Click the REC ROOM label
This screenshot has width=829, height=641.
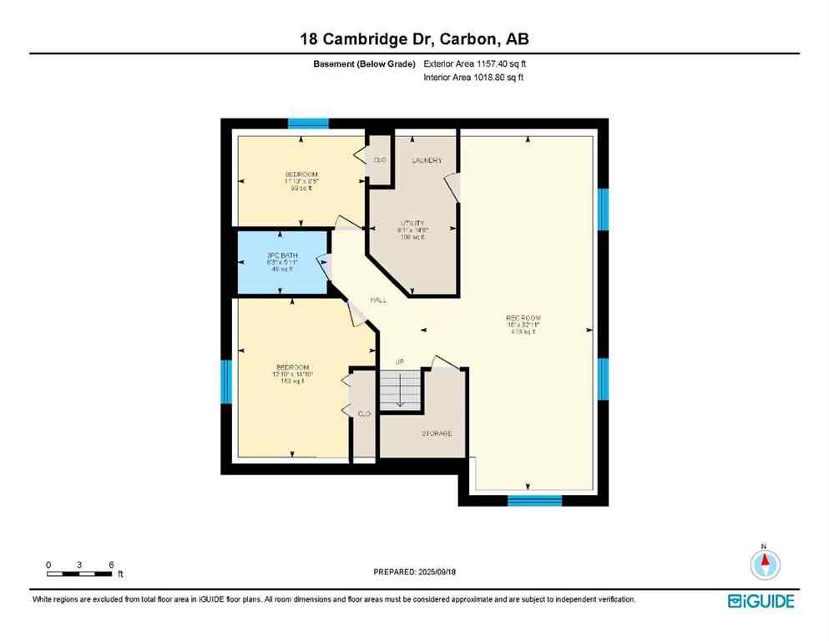(x=523, y=318)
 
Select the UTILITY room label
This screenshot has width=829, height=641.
(x=412, y=224)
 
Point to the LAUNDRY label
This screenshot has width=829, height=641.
(x=427, y=160)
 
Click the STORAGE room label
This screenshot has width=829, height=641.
(x=436, y=433)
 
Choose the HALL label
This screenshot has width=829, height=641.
(x=378, y=300)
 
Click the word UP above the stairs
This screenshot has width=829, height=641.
(x=399, y=361)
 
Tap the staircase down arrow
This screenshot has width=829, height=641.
(x=399, y=392)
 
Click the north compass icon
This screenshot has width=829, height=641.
(x=763, y=564)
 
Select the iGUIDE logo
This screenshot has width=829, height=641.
(x=761, y=601)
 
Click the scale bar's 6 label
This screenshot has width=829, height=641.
(x=111, y=564)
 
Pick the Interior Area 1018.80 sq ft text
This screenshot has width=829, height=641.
(x=473, y=78)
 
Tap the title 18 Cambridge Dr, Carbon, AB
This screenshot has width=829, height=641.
(x=414, y=39)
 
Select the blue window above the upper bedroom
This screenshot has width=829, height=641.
(x=308, y=124)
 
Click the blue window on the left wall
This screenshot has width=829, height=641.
(x=225, y=381)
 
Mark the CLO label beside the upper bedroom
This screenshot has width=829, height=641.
(x=380, y=159)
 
